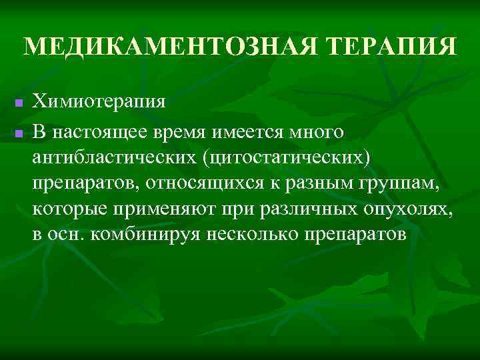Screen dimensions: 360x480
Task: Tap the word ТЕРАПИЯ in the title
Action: click(x=379, y=47)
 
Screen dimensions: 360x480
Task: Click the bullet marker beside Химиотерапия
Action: click(x=19, y=105)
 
